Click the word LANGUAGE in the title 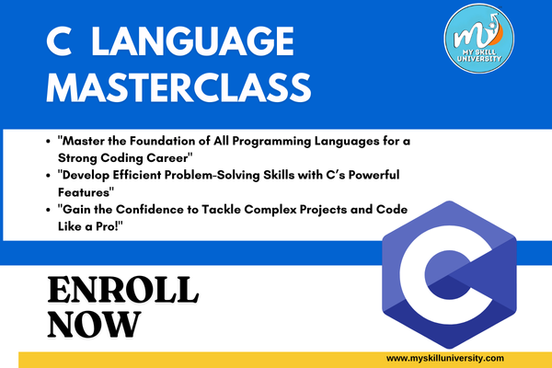[192, 41]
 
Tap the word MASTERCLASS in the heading [178, 87]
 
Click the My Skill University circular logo [478, 39]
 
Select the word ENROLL [123, 290]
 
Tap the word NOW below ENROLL [94, 324]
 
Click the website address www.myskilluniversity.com [445, 359]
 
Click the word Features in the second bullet [85, 192]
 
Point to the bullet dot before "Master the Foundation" [48, 142]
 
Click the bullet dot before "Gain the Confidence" [48, 211]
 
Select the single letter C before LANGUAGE [59, 41]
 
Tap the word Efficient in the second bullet [136, 175]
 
